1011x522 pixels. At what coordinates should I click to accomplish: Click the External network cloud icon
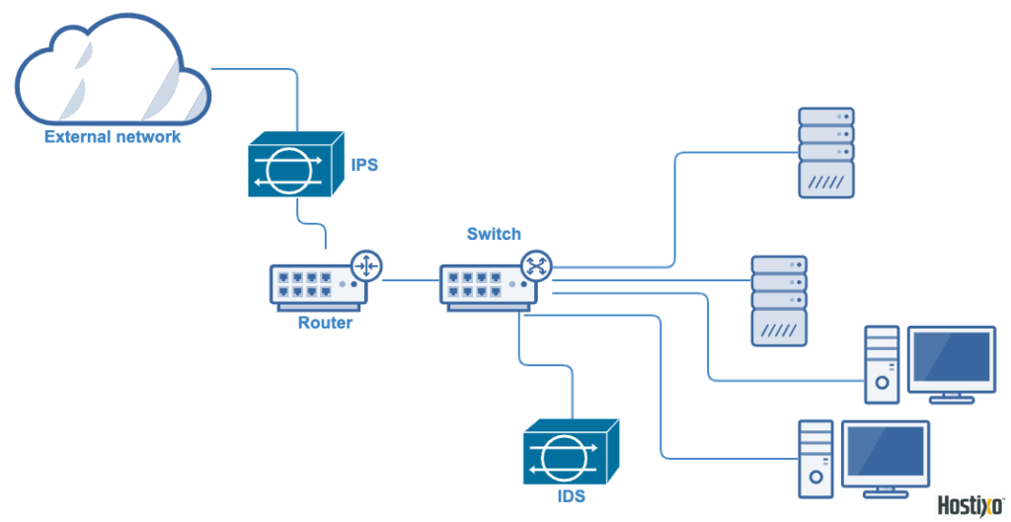114,71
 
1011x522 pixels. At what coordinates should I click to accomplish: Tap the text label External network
113,137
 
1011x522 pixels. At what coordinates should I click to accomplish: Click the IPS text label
364,165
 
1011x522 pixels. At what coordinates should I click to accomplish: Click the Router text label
325,323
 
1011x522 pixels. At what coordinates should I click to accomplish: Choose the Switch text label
494,234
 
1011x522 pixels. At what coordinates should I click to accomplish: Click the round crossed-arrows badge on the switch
537,264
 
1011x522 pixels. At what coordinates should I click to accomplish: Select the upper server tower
825,152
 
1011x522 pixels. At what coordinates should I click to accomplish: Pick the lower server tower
779,300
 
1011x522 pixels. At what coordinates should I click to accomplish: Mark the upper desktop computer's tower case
882,364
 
